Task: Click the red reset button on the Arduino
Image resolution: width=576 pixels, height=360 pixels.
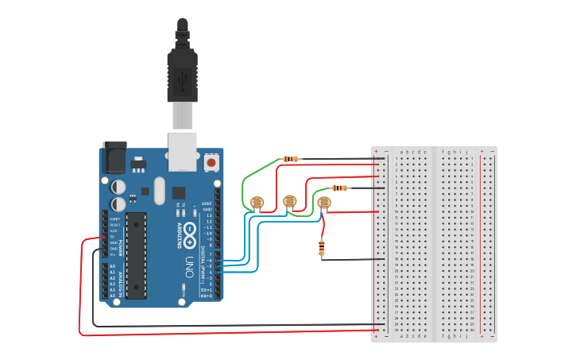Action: click(x=211, y=162)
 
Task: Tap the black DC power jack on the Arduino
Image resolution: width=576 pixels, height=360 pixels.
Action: click(x=114, y=157)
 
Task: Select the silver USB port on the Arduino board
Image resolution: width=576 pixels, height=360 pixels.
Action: click(x=184, y=151)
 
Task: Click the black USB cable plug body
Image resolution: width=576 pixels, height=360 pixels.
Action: click(x=182, y=75)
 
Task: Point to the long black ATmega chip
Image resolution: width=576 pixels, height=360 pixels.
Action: click(x=136, y=254)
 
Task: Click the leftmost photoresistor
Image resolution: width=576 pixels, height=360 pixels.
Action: click(x=257, y=203)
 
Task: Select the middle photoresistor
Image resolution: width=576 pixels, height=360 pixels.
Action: click(x=290, y=201)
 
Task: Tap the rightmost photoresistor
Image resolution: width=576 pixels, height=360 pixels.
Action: click(x=323, y=203)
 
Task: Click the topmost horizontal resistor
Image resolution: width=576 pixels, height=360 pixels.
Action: click(x=291, y=159)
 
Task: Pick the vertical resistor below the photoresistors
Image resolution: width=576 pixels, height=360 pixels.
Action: click(x=322, y=248)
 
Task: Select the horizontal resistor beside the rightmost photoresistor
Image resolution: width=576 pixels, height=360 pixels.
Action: click(x=341, y=188)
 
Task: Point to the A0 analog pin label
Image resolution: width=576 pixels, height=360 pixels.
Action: click(x=113, y=266)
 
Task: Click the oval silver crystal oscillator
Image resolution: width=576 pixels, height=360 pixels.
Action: click(x=159, y=190)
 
